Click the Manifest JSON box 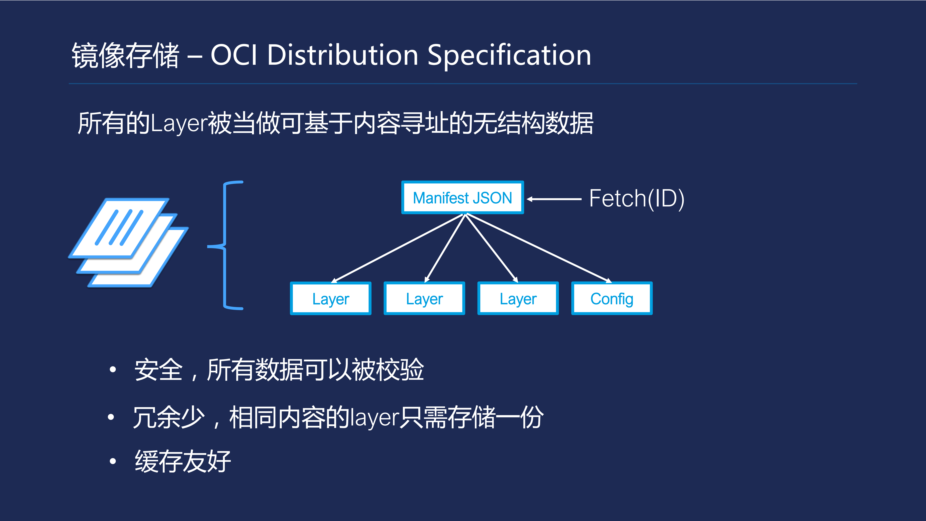[462, 198]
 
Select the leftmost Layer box [330, 298]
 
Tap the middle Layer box [424, 298]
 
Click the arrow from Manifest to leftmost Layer [397, 248]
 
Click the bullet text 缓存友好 [183, 461]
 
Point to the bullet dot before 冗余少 [111, 417]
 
